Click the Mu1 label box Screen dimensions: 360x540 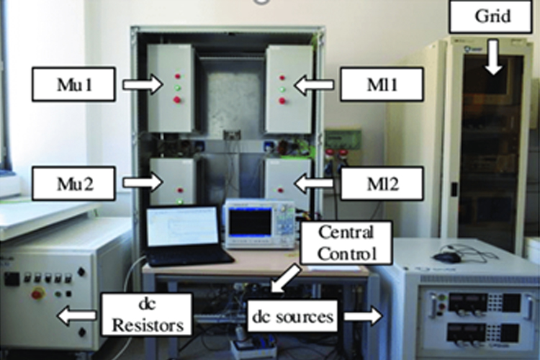73,86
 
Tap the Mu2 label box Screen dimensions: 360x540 73,183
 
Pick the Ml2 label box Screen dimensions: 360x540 382,184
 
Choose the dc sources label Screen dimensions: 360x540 294,314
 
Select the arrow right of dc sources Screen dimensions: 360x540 364,314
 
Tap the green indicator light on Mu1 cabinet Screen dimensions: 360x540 177,87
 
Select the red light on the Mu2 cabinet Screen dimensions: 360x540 177,192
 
